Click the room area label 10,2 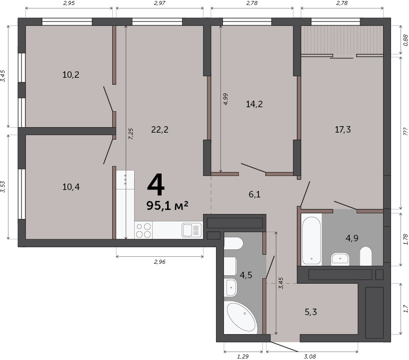coord(71,75)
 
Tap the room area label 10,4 coord(71,187)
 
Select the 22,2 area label coord(160,130)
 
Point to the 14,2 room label coord(254,104)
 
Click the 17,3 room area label coord(343,130)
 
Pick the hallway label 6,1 coord(254,194)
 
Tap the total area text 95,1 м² coord(167,206)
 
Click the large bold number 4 coord(156,185)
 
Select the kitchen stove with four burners coord(144,230)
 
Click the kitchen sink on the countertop coord(192,230)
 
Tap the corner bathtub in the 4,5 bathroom coord(240,318)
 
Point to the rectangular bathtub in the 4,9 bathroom coord(311,240)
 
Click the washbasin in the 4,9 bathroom coord(340,259)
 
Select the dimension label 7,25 coord(131,134)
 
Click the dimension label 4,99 coord(225,99)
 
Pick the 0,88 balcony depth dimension coord(405,40)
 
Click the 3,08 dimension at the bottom coord(310,357)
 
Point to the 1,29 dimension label coord(243,357)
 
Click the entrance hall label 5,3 coord(311,312)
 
